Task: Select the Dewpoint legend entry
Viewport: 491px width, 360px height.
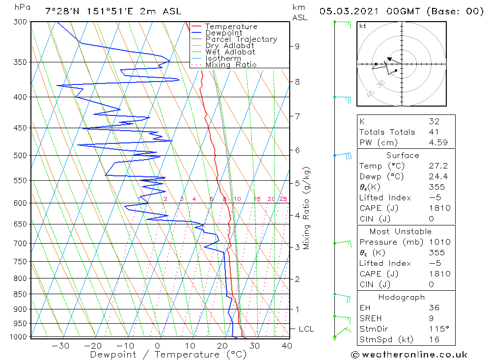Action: (x=223, y=33)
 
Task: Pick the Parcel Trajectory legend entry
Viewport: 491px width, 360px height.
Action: (x=241, y=39)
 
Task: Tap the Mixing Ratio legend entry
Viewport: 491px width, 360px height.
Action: (x=231, y=64)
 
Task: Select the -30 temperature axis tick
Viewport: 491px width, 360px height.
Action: (x=60, y=346)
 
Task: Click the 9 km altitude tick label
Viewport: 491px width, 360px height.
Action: (x=297, y=46)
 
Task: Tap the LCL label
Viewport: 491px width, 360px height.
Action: (x=306, y=329)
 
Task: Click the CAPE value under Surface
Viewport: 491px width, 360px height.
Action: (x=439, y=208)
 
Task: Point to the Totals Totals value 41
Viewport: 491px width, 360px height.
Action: (x=434, y=132)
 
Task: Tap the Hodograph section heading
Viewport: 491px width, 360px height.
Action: (x=402, y=297)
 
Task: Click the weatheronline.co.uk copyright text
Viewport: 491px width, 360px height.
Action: (x=409, y=354)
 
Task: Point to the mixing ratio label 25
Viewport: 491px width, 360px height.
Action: (x=283, y=199)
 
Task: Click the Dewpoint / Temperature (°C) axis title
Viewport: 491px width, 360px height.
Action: (x=162, y=355)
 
